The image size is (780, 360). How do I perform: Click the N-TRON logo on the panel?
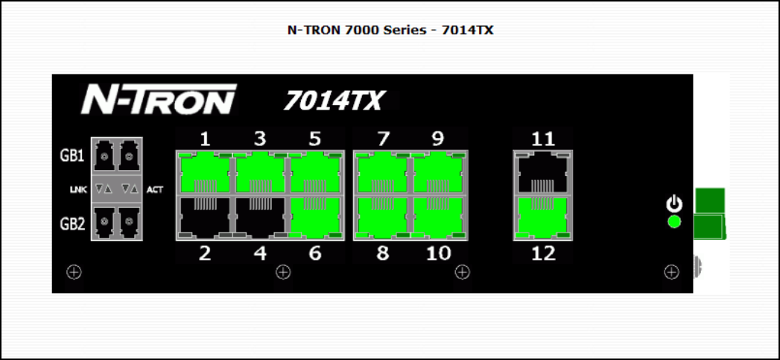[x=158, y=99]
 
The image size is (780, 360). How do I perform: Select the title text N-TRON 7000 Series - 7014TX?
[x=390, y=31]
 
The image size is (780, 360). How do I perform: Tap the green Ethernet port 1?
[x=204, y=173]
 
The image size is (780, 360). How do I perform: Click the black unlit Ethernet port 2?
[x=204, y=218]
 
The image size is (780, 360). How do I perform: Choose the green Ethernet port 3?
[x=260, y=173]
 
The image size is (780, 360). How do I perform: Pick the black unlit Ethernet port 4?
[x=260, y=218]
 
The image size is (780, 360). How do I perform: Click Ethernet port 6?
[x=316, y=218]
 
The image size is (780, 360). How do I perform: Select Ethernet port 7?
[x=382, y=173]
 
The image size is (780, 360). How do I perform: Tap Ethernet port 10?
[x=438, y=218]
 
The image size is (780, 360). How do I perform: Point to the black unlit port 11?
[x=543, y=173]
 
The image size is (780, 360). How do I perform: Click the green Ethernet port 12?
[x=543, y=218]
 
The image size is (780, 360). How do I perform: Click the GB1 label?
[x=72, y=157]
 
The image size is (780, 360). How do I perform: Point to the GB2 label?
[x=72, y=224]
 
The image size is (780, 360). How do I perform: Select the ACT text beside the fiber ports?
[x=154, y=190]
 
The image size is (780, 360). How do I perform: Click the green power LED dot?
[x=674, y=221]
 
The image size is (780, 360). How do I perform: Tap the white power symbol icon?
[x=674, y=203]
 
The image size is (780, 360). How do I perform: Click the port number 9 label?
[x=438, y=139]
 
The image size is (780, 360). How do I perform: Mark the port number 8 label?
[x=382, y=253]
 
